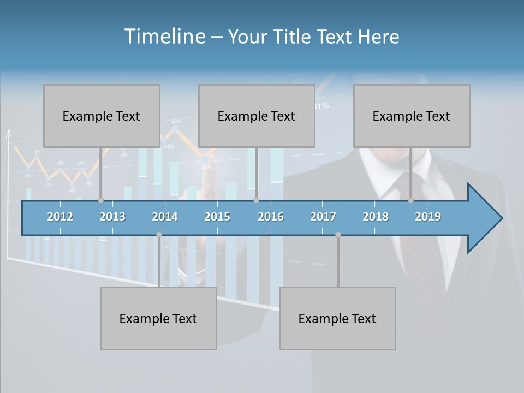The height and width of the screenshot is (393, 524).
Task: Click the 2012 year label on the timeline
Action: coord(60,217)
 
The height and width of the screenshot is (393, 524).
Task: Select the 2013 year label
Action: coord(112,217)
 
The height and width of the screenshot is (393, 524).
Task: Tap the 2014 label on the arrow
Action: coord(165,217)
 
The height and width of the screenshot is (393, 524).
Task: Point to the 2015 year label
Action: coord(217,217)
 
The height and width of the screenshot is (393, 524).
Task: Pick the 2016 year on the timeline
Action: coord(271,217)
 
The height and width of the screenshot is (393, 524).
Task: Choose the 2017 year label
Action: coord(323,217)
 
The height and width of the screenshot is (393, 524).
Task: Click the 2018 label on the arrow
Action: coord(376,217)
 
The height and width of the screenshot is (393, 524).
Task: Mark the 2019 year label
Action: coord(428,217)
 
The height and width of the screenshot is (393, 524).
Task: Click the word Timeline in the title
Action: coord(164,37)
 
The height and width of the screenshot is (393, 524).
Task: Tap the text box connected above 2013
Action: coord(102,116)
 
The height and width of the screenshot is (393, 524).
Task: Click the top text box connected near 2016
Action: coord(257,116)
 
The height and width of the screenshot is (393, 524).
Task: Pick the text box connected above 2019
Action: coord(412,116)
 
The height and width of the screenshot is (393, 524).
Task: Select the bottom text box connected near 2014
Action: coord(158,318)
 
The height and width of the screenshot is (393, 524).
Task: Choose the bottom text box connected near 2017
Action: coord(337,318)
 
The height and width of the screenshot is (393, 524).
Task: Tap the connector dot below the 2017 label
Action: coord(338,235)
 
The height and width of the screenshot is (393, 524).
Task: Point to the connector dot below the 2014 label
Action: coord(159,235)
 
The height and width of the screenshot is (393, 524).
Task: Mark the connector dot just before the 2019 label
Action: coord(411,200)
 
